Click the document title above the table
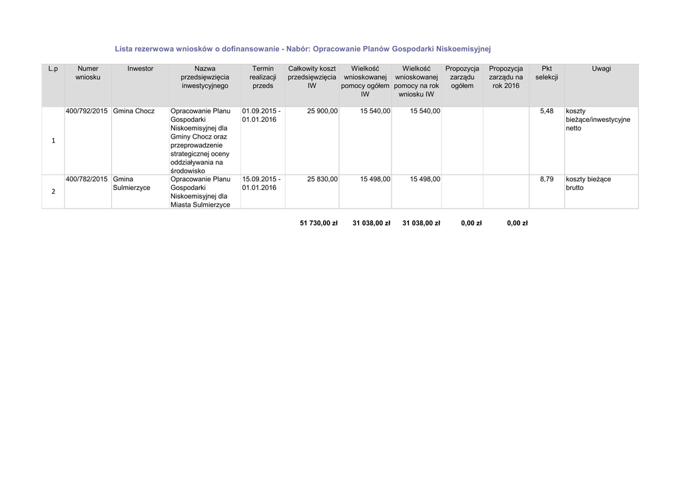coord(302,49)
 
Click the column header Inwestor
coord(141,69)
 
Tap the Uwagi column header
coord(601,69)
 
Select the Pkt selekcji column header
coord(546,73)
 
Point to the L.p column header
coord(53,69)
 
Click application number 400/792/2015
coord(87,111)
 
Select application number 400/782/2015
coord(87,179)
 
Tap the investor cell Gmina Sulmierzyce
coord(132,183)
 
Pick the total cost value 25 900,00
coord(322,111)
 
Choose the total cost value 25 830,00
coord(322,179)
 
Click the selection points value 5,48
coord(546,111)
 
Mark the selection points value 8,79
coord(546,179)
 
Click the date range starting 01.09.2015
coord(261,115)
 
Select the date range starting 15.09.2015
coord(261,183)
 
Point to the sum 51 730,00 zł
coord(319,223)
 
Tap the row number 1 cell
coord(53,141)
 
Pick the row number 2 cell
coord(53,192)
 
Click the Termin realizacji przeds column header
coord(263,77)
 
